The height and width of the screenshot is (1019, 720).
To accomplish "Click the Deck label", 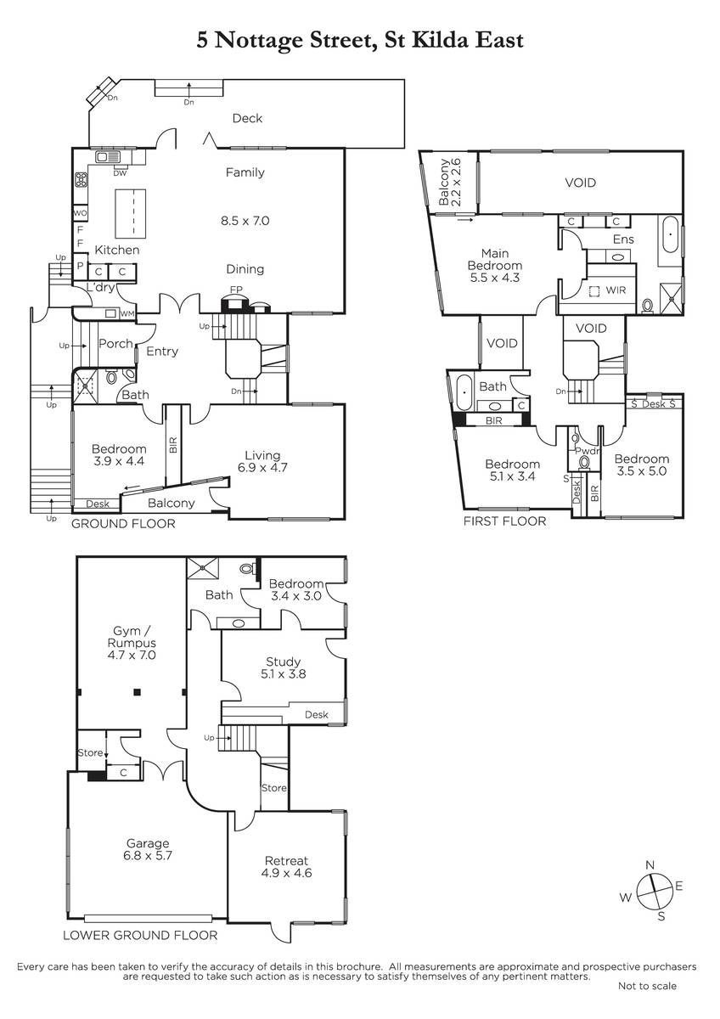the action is click(247, 118).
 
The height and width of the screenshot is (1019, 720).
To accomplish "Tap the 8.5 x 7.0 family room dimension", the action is click(245, 221).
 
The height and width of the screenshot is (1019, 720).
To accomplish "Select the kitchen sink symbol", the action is click(108, 157).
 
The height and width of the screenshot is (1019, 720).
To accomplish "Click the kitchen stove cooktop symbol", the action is click(82, 180).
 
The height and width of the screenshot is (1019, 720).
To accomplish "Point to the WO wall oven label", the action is click(80, 213).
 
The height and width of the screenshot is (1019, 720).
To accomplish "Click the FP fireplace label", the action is click(236, 290).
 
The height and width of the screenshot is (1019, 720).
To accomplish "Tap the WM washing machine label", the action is click(127, 313).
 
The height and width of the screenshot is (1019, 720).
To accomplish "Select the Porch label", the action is click(115, 343).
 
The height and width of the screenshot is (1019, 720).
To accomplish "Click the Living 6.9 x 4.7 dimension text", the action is click(262, 467).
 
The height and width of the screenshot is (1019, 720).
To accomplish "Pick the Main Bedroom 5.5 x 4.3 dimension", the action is click(495, 278).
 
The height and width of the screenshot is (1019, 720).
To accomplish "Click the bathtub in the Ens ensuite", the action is click(670, 234).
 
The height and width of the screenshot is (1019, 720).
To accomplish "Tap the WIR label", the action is click(616, 290).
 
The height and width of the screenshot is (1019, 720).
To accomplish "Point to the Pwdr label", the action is click(588, 451).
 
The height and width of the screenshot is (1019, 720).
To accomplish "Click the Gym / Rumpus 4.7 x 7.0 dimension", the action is click(132, 655).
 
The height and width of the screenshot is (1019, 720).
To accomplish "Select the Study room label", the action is click(283, 662).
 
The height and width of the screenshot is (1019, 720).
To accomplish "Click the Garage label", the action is click(148, 843).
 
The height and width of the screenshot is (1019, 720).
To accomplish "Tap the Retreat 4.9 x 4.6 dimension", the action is click(286, 873).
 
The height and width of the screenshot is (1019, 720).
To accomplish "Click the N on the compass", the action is click(650, 865).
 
